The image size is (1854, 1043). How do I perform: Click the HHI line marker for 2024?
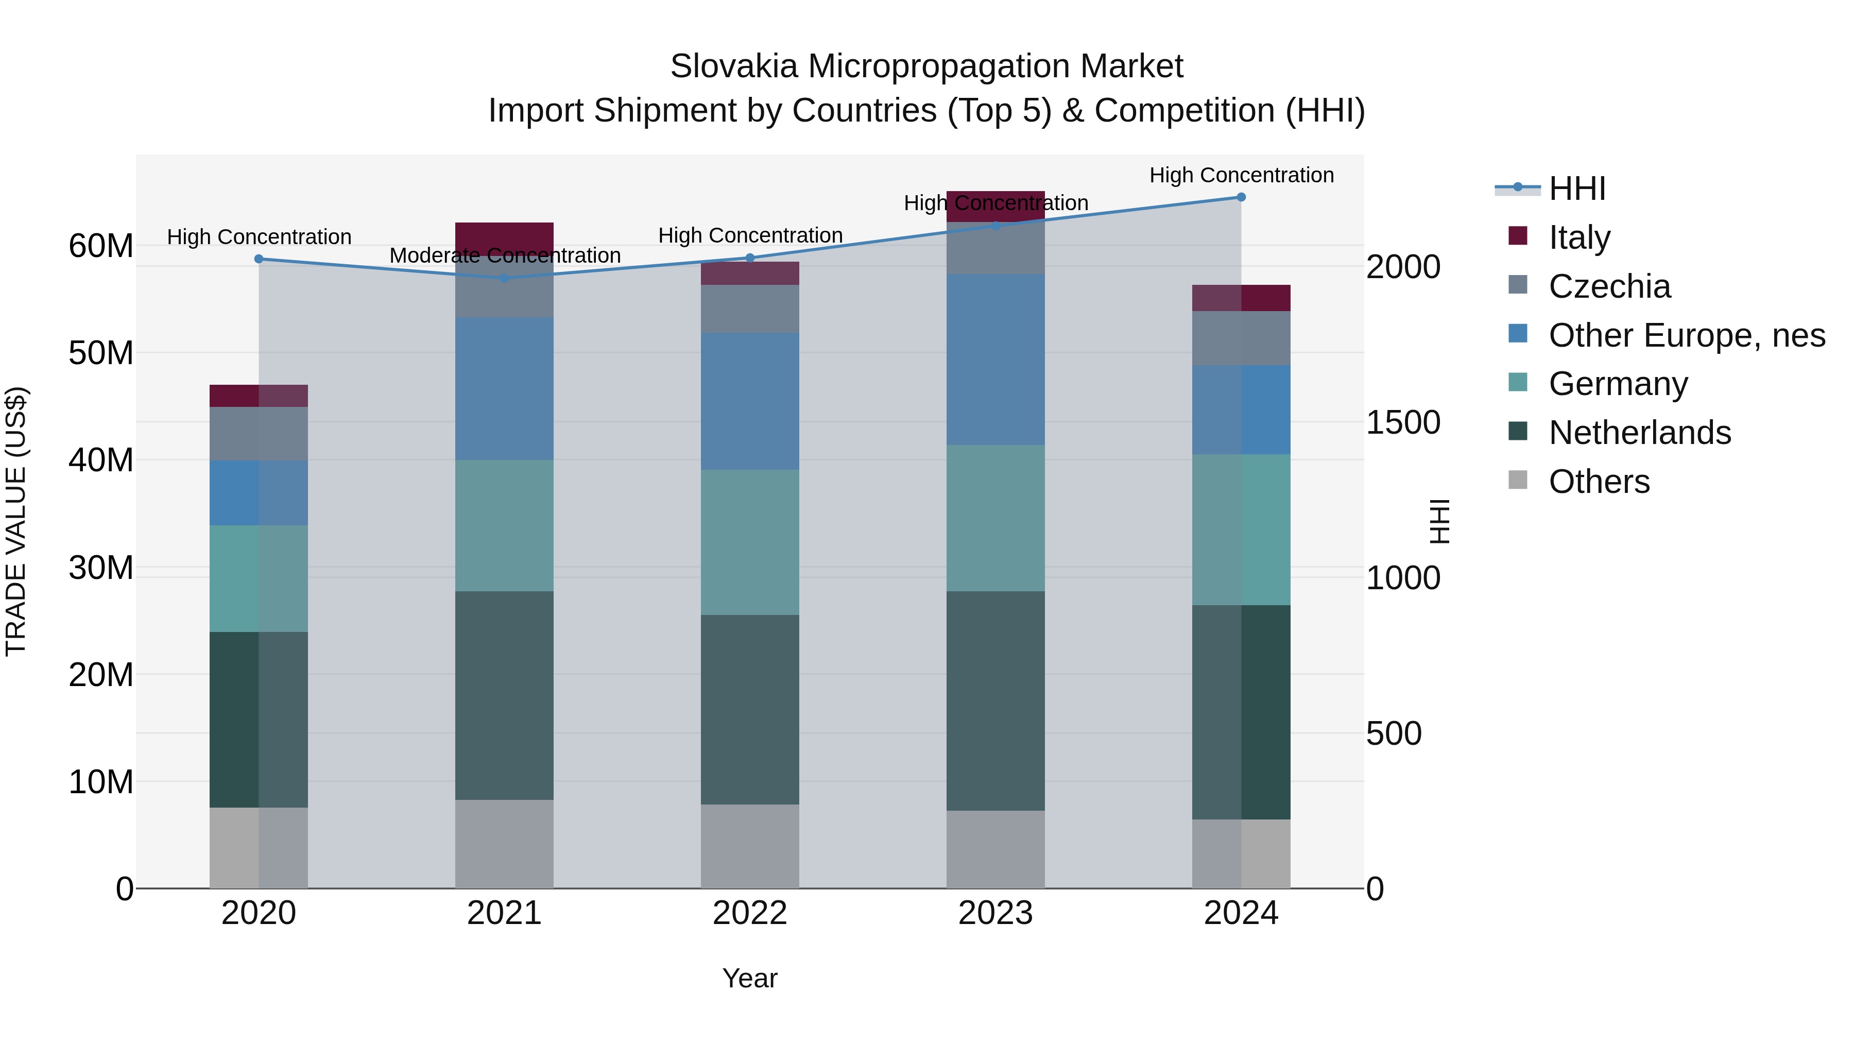pos(1241,197)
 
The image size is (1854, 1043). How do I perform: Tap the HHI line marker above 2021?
pos(505,278)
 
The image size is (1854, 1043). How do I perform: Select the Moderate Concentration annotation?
pos(505,255)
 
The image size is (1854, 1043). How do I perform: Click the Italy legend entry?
pos(1579,237)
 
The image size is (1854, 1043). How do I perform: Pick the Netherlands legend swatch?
pos(1517,432)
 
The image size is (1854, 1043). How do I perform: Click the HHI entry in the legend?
pos(1576,189)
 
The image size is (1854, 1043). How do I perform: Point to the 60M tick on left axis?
pos(101,246)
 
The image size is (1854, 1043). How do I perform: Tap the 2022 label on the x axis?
pos(750,913)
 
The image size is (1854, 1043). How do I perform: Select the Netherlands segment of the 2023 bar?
pos(995,700)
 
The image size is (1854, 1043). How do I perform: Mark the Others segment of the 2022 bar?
pos(750,846)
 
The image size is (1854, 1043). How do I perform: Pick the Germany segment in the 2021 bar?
pos(505,525)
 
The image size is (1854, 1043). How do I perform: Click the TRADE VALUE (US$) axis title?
pos(16,521)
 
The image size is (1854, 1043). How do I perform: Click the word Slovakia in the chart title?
pos(733,67)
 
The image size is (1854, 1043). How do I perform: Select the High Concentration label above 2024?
pos(1241,175)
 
